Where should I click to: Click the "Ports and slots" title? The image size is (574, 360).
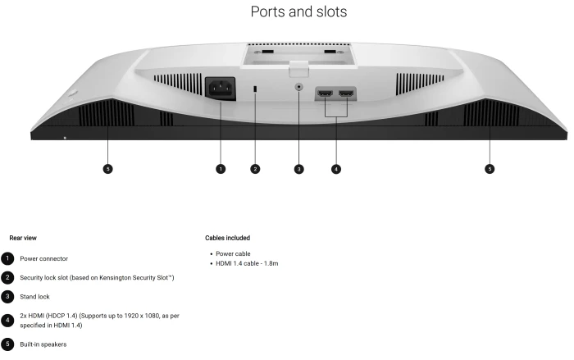(x=298, y=11)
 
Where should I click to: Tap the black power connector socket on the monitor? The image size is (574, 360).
(x=221, y=89)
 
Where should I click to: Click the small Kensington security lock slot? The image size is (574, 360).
(x=255, y=89)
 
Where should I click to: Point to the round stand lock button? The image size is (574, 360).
(x=299, y=87)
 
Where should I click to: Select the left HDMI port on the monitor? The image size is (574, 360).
(x=325, y=93)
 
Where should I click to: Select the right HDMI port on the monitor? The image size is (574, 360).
(x=346, y=93)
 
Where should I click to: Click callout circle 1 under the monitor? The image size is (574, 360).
(x=221, y=169)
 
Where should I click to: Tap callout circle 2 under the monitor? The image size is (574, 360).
(x=255, y=169)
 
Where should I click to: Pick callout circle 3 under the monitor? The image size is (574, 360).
(x=299, y=169)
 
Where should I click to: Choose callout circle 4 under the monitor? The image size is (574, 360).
(x=336, y=169)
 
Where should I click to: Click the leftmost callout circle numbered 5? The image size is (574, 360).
(x=107, y=169)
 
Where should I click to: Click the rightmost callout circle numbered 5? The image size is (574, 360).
(x=490, y=169)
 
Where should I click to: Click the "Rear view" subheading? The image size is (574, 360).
(x=23, y=238)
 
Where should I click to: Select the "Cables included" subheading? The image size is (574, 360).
(x=228, y=238)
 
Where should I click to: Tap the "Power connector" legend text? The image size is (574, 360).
(x=44, y=258)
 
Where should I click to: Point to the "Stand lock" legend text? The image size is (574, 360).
(x=34, y=297)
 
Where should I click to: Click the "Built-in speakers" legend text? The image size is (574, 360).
(x=43, y=344)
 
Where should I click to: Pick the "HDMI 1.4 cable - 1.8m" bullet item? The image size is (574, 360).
(x=247, y=263)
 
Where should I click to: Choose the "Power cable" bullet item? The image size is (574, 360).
(x=233, y=253)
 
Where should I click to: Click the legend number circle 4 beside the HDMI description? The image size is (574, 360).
(x=7, y=321)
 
